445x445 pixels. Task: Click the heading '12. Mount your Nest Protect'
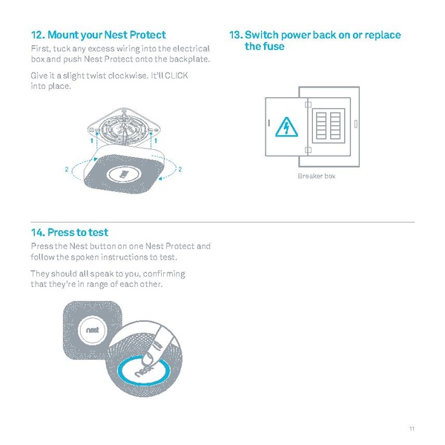98,35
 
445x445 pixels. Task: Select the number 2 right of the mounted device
180,170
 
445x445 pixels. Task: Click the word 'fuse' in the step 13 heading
272,47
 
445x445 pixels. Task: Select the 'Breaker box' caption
317,176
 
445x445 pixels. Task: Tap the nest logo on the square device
92,329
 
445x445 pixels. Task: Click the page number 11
412,428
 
